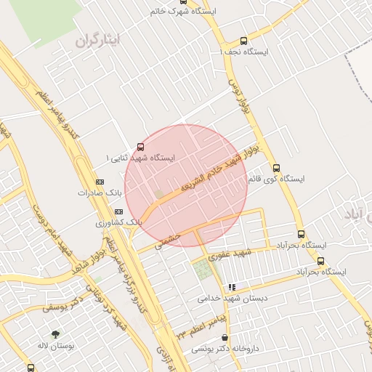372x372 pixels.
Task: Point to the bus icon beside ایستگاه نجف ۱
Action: [244, 41]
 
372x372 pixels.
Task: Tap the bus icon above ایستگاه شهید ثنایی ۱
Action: [140, 146]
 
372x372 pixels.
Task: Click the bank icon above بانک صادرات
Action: [100, 182]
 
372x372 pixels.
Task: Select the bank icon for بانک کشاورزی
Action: [118, 211]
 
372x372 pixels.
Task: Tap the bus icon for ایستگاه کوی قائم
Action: [276, 168]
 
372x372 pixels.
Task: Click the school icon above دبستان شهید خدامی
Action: [232, 287]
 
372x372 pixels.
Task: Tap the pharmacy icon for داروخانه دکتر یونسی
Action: [225, 338]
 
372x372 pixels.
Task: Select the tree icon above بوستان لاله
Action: [55, 334]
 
